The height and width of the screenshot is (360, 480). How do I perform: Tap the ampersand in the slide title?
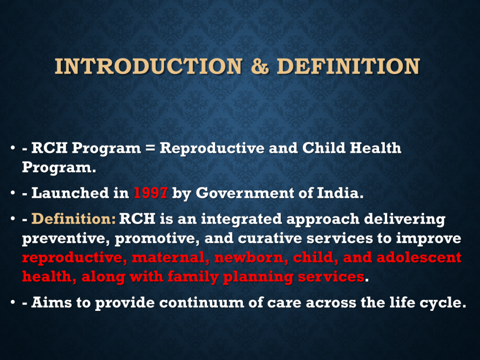pyautogui.click(x=260, y=66)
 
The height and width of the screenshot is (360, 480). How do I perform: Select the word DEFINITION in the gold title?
pyautogui.click(x=348, y=66)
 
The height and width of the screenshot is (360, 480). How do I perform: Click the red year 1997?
pyautogui.click(x=150, y=193)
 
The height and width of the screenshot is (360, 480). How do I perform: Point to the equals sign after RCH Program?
pyautogui.click(x=150, y=148)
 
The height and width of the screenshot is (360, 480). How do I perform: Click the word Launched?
pyautogui.click(x=70, y=193)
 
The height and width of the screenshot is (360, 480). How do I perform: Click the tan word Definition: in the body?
pyautogui.click(x=74, y=219)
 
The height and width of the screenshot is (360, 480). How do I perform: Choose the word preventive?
pyautogui.click(x=66, y=239)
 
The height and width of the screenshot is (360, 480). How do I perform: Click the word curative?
pyautogui.click(x=270, y=239)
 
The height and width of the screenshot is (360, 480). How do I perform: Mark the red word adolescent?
pyautogui.click(x=419, y=257)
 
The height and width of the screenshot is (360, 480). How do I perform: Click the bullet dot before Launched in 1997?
pyautogui.click(x=13, y=193)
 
